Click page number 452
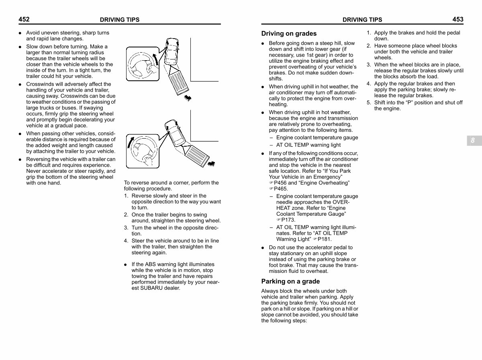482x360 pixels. (24, 19)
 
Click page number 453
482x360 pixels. (457, 19)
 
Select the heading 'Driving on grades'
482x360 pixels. (289, 34)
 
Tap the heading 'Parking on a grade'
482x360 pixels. (290, 281)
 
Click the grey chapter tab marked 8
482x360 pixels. (473, 140)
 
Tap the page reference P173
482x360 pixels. (288, 220)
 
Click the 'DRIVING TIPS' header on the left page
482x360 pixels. (119, 20)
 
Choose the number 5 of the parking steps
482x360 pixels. (368, 102)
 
